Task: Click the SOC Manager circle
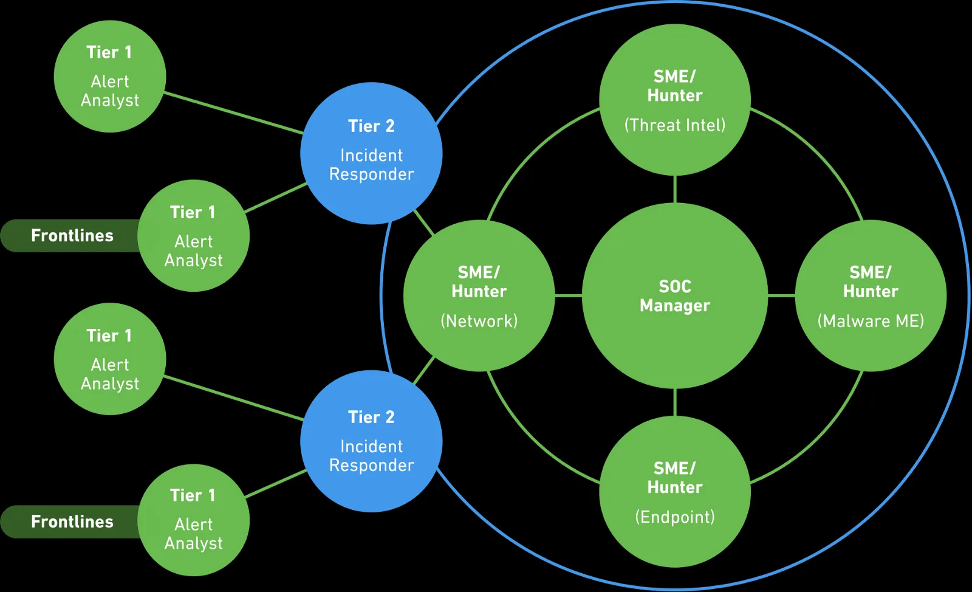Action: coord(674,340)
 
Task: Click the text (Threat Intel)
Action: coord(674,125)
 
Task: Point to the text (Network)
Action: coord(479,321)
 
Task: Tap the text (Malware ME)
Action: coord(870,321)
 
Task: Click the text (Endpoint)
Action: coord(674,517)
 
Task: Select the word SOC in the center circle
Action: coord(674,286)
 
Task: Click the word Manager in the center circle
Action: coord(674,305)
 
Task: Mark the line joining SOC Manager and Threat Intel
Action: coord(675,189)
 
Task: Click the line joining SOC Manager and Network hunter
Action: coord(569,296)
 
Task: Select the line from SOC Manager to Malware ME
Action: coord(781,296)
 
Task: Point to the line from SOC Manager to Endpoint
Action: coord(675,402)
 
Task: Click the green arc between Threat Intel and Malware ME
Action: coord(817,152)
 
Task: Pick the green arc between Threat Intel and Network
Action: coord(532,152)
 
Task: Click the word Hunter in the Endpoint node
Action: coord(674,487)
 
